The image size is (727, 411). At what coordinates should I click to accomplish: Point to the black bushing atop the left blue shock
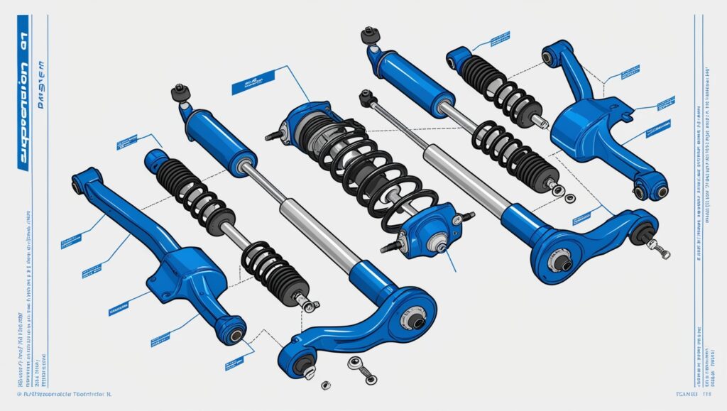tap(181, 93)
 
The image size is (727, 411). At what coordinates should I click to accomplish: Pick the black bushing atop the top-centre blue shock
tap(368, 35)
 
